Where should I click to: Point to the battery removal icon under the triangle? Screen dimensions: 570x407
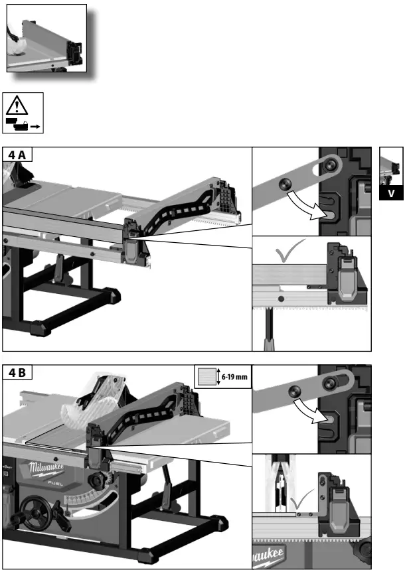(x=23, y=123)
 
